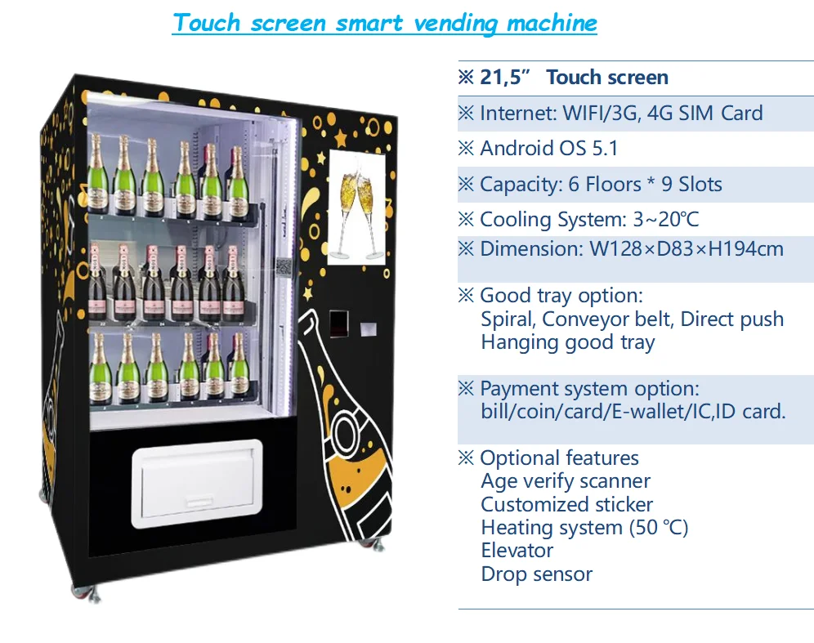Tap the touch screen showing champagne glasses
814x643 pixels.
pyautogui.click(x=356, y=207)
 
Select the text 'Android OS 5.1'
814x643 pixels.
pyautogui.click(x=548, y=148)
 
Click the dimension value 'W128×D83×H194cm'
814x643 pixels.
pyautogui.click(x=687, y=248)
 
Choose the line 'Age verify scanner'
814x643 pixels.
pyautogui.click(x=566, y=481)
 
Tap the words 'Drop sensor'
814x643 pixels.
pyautogui.click(x=536, y=574)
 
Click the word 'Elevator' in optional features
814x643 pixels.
pyautogui.click(x=517, y=551)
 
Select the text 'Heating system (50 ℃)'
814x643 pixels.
pyautogui.click(x=584, y=528)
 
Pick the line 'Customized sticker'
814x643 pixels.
pyautogui.click(x=566, y=505)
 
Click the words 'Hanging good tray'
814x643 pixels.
pyautogui.click(x=567, y=342)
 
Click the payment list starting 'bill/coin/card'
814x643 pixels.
pyautogui.click(x=633, y=412)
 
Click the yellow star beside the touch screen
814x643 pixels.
pyautogui.click(x=320, y=156)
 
